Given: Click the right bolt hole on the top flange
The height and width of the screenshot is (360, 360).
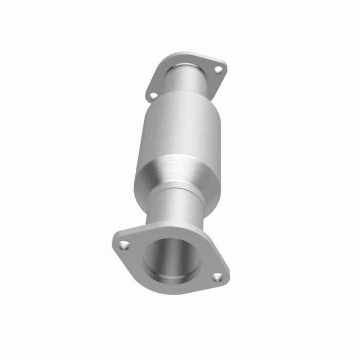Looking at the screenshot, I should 218,70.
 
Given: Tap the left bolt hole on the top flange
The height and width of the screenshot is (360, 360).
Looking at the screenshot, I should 153,95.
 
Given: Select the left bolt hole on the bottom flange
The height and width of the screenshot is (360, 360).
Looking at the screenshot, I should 123,245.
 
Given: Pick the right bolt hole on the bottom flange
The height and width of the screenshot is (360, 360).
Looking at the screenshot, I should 218,277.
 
